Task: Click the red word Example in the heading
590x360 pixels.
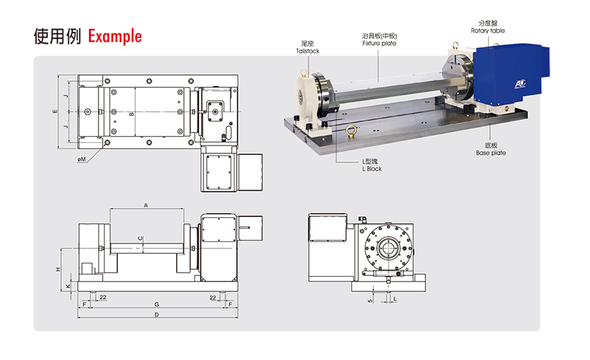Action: (x=115, y=36)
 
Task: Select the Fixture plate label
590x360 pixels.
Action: (x=380, y=43)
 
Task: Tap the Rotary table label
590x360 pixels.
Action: (x=488, y=31)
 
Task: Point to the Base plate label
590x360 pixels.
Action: (x=491, y=153)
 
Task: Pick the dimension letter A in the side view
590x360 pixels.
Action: (x=146, y=205)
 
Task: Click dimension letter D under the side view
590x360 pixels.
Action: (x=156, y=316)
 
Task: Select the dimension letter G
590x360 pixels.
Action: (x=156, y=305)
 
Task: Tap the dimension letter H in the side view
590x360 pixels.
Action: (x=59, y=268)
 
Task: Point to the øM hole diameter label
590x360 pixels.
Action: (x=81, y=160)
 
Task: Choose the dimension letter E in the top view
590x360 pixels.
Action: (x=54, y=111)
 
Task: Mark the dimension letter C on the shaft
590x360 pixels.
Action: (x=140, y=239)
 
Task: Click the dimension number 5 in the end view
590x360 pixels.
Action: (x=371, y=300)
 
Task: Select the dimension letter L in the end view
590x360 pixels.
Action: (x=394, y=300)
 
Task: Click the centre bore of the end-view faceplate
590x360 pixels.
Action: (x=386, y=246)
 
